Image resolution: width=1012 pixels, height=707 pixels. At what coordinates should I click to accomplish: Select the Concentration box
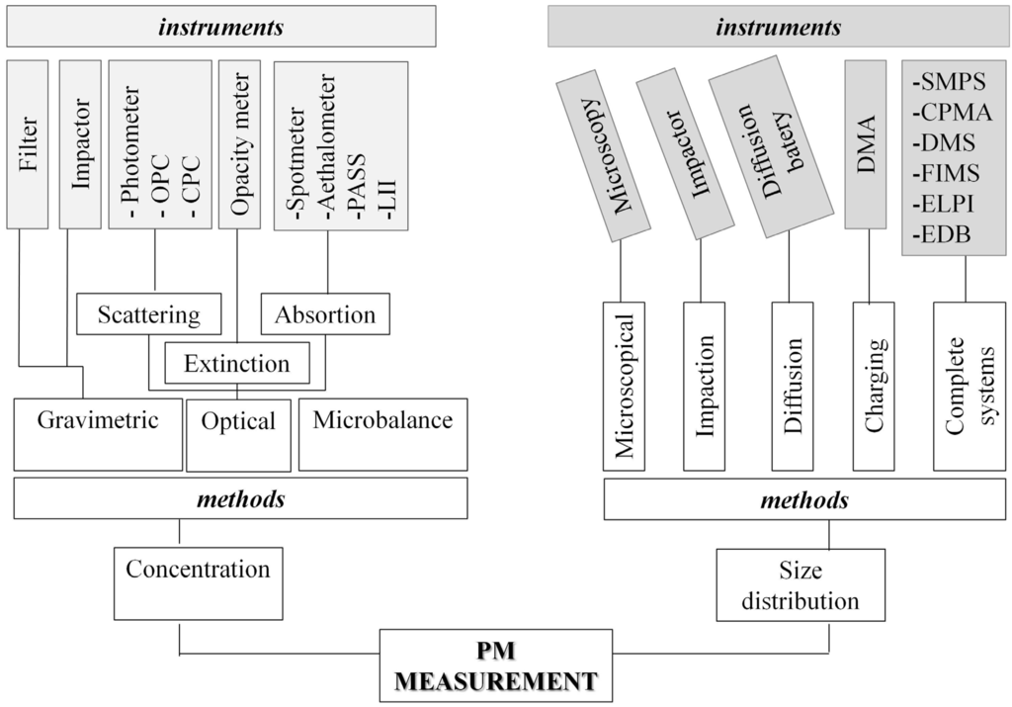tap(197, 581)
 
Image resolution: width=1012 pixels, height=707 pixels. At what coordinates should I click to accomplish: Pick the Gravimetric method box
tap(98, 434)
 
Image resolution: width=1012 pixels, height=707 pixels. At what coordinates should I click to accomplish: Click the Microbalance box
tap(382, 434)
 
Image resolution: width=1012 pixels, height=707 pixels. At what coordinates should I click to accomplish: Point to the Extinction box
tap(236, 363)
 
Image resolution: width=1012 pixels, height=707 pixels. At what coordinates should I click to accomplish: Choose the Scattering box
tap(148, 315)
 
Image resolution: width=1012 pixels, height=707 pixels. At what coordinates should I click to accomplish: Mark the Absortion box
tap(325, 315)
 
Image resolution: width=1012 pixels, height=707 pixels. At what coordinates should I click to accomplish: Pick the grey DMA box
tap(867, 143)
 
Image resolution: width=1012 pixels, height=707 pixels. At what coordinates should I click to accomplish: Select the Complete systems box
tap(969, 387)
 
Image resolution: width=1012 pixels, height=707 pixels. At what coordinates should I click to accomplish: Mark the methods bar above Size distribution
tap(802, 501)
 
